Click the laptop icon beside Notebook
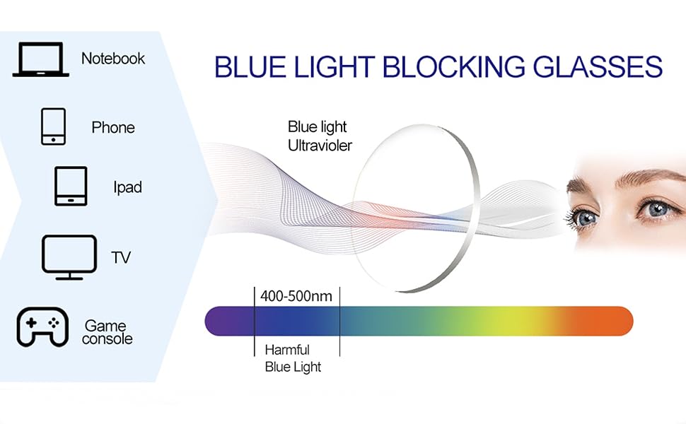tap(41, 59)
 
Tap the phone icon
tap(53, 126)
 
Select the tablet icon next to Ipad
tap(71, 186)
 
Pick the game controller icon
tap(42, 327)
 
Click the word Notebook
tap(113, 58)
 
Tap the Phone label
tap(113, 127)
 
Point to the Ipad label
tap(127, 187)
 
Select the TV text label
tap(121, 257)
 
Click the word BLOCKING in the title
tap(454, 66)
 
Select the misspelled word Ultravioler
tap(320, 146)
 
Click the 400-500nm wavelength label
tap(296, 296)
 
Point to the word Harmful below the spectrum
tap(287, 350)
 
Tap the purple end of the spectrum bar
tap(223, 322)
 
